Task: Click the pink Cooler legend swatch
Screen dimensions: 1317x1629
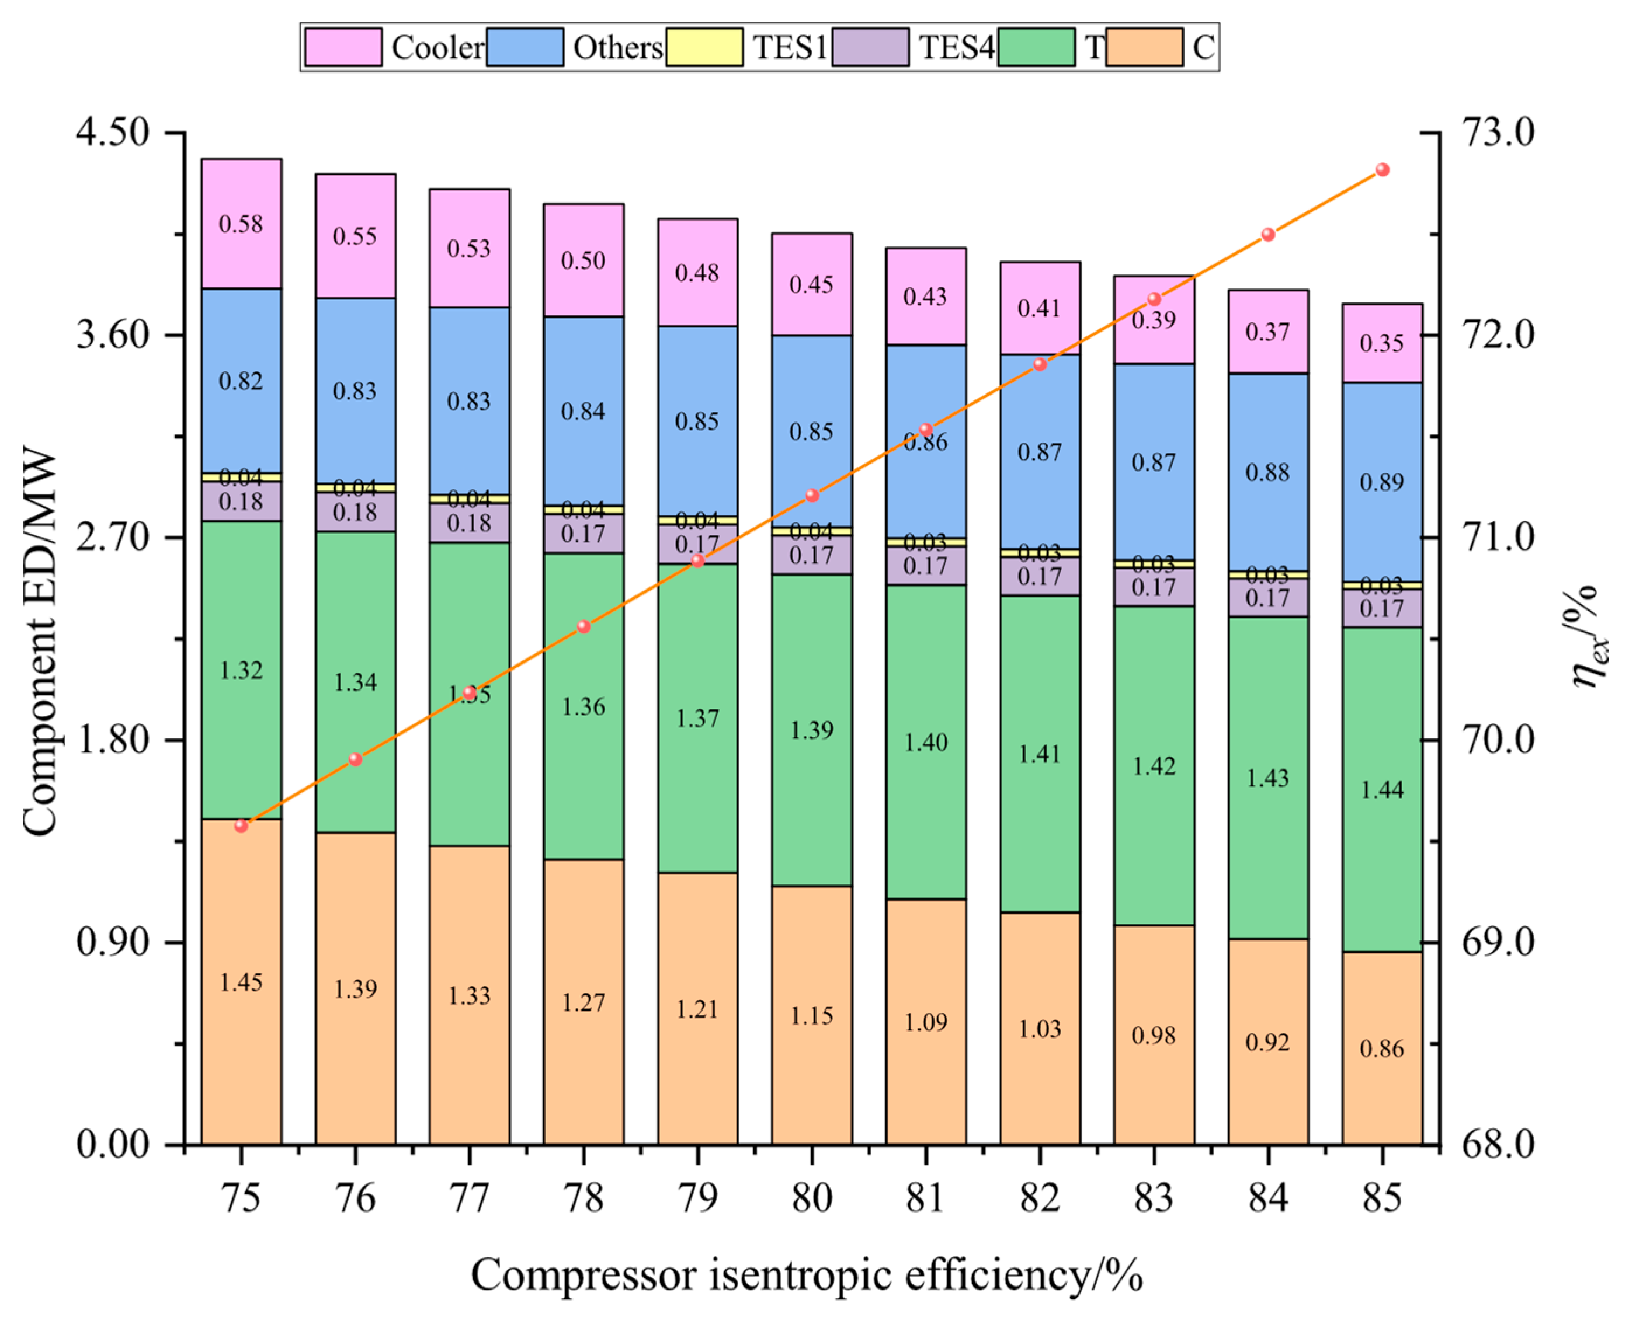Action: click(x=343, y=47)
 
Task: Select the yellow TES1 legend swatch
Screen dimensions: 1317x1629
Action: click(x=704, y=47)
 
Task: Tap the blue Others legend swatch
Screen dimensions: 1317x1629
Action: click(x=525, y=47)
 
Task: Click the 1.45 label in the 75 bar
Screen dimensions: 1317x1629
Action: click(x=241, y=982)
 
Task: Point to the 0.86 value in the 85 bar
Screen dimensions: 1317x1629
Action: click(x=1381, y=1048)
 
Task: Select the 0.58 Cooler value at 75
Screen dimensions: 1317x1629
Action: click(x=241, y=224)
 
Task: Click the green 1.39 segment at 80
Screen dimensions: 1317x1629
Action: click(x=811, y=730)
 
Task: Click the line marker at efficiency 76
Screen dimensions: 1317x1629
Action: click(x=355, y=759)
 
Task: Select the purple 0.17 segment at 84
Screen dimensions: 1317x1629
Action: click(x=1267, y=598)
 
